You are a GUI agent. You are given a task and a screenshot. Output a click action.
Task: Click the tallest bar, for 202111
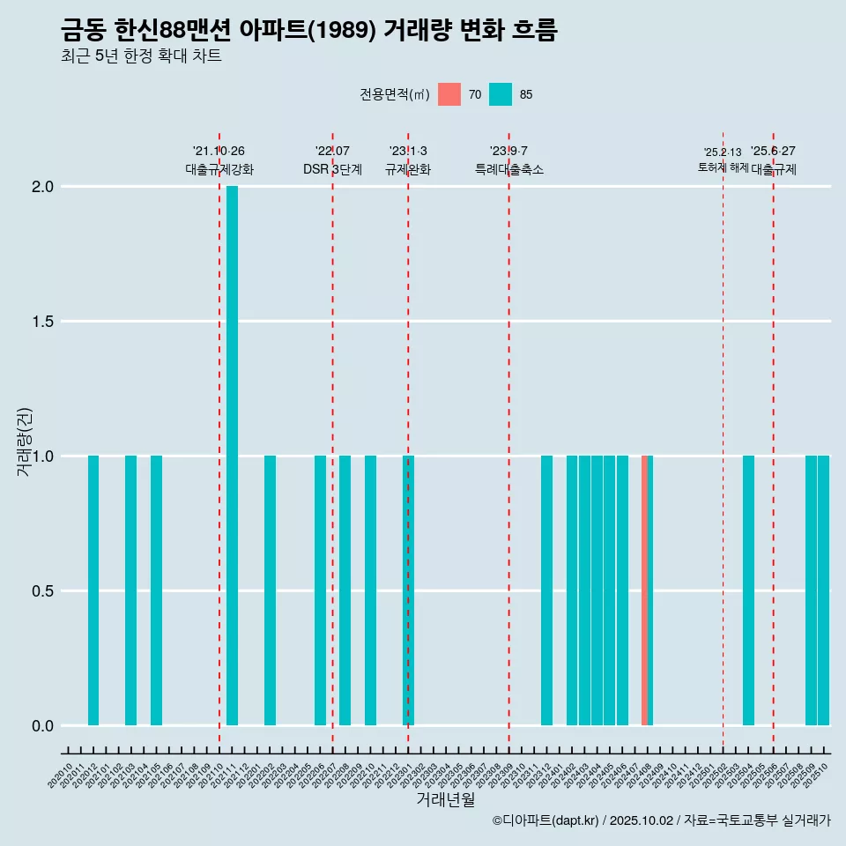click(x=232, y=456)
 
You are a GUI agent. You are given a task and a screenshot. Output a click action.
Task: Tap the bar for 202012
click(x=93, y=590)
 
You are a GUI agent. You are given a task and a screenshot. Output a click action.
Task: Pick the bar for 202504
click(x=748, y=590)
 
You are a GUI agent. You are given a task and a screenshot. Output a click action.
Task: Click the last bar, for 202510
click(x=824, y=590)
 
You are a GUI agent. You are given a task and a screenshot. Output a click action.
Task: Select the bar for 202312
click(x=546, y=590)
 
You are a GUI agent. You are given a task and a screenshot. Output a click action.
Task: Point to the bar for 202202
click(x=270, y=590)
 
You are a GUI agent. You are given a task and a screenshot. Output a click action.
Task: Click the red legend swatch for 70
click(x=449, y=94)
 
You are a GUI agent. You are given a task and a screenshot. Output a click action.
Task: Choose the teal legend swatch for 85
click(x=501, y=94)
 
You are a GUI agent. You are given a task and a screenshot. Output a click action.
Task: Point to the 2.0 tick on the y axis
click(x=43, y=187)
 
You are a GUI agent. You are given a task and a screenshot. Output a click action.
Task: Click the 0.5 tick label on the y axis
click(x=43, y=591)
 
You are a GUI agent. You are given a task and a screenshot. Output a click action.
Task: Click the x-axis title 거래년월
click(x=446, y=800)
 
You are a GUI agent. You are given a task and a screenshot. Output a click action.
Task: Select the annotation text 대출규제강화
click(x=219, y=169)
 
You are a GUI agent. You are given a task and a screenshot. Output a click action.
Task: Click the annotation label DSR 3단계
click(x=332, y=169)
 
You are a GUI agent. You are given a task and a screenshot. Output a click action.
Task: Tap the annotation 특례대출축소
click(x=508, y=169)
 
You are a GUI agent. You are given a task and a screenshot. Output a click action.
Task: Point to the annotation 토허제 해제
click(x=723, y=167)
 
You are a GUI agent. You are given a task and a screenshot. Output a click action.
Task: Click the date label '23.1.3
click(x=408, y=151)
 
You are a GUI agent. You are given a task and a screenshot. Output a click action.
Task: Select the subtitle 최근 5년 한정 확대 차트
click(x=141, y=56)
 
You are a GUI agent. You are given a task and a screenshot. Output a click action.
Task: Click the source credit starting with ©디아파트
click(x=661, y=820)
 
